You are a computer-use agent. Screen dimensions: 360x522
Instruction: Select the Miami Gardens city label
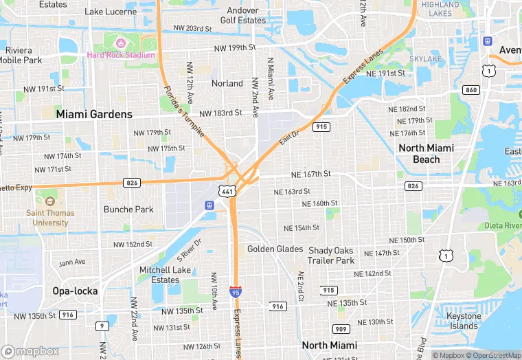(x=94, y=114)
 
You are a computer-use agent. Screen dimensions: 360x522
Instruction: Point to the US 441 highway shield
(x=228, y=192)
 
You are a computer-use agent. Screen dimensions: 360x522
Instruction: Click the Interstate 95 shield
(x=236, y=293)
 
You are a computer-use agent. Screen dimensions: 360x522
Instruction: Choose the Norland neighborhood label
(x=227, y=83)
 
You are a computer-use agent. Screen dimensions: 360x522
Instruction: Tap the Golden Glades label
(x=275, y=249)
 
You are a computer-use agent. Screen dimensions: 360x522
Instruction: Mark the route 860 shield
(x=470, y=90)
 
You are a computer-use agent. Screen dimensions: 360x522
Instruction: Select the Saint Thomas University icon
(x=49, y=201)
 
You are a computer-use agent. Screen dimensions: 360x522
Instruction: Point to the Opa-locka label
(x=75, y=291)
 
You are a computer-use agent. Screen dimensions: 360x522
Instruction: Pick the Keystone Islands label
(x=464, y=321)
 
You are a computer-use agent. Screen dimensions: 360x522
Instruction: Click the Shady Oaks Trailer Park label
(x=332, y=256)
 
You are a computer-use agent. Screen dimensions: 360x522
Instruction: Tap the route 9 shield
(x=102, y=326)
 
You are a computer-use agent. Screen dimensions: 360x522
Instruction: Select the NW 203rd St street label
(x=193, y=28)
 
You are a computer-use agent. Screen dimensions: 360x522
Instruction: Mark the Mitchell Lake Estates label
(x=165, y=275)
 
